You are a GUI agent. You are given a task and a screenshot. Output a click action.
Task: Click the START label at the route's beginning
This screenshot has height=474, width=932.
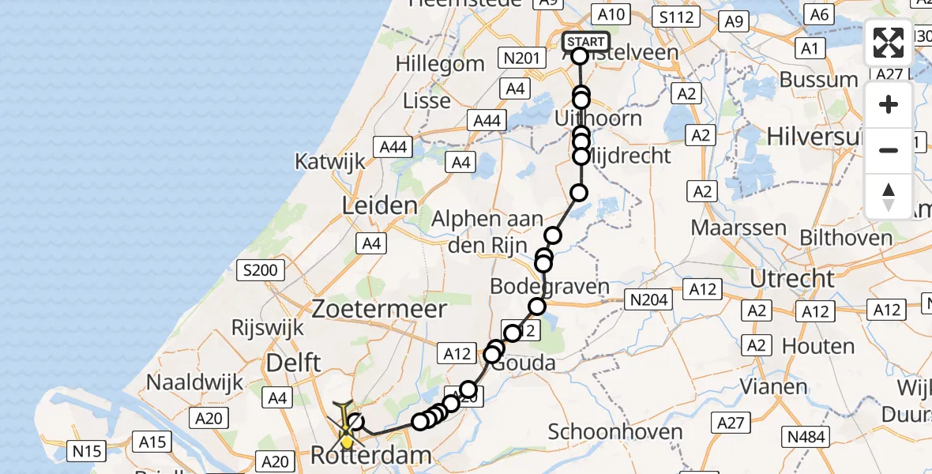click(586, 41)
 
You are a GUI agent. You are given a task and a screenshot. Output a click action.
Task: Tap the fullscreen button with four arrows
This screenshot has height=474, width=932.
click(889, 43)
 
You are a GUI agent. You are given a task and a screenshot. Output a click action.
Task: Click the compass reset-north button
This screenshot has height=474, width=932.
click(889, 196)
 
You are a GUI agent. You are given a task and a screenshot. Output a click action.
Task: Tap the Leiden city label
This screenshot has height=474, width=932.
click(379, 207)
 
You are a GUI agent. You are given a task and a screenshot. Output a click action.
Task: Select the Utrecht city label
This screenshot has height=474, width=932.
click(791, 278)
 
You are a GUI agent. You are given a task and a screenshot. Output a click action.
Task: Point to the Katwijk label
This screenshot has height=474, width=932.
click(330, 161)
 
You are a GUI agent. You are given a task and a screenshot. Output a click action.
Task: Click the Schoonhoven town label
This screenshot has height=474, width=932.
click(615, 431)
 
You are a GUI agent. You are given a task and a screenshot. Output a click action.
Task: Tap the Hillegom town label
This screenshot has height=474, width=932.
click(441, 64)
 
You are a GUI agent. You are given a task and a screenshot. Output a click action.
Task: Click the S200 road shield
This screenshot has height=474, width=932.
click(260, 271)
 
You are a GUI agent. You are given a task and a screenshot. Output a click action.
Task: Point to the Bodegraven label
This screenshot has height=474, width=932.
click(550, 286)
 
